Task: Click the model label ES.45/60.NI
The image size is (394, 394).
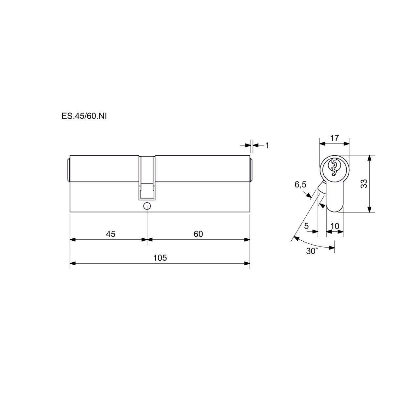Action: [84, 116]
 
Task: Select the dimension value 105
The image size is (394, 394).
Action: [160, 258]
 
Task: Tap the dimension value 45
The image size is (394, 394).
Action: [111, 234]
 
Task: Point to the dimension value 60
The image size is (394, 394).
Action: [198, 234]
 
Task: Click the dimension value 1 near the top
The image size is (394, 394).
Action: [267, 145]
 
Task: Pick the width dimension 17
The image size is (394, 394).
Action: [335, 138]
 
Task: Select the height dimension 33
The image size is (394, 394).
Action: [364, 184]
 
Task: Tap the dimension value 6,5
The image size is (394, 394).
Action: [300, 185]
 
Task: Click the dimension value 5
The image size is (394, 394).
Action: [306, 226]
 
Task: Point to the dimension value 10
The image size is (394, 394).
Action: [335, 226]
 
